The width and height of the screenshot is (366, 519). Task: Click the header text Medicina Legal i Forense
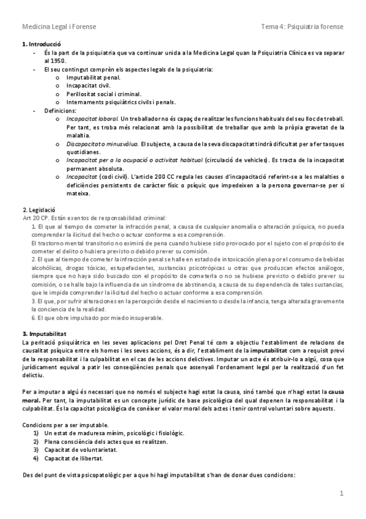(x=59, y=27)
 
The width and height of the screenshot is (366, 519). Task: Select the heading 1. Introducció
(x=42, y=46)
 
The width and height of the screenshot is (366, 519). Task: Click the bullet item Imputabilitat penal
(x=93, y=78)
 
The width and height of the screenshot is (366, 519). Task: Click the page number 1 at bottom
(x=342, y=493)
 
